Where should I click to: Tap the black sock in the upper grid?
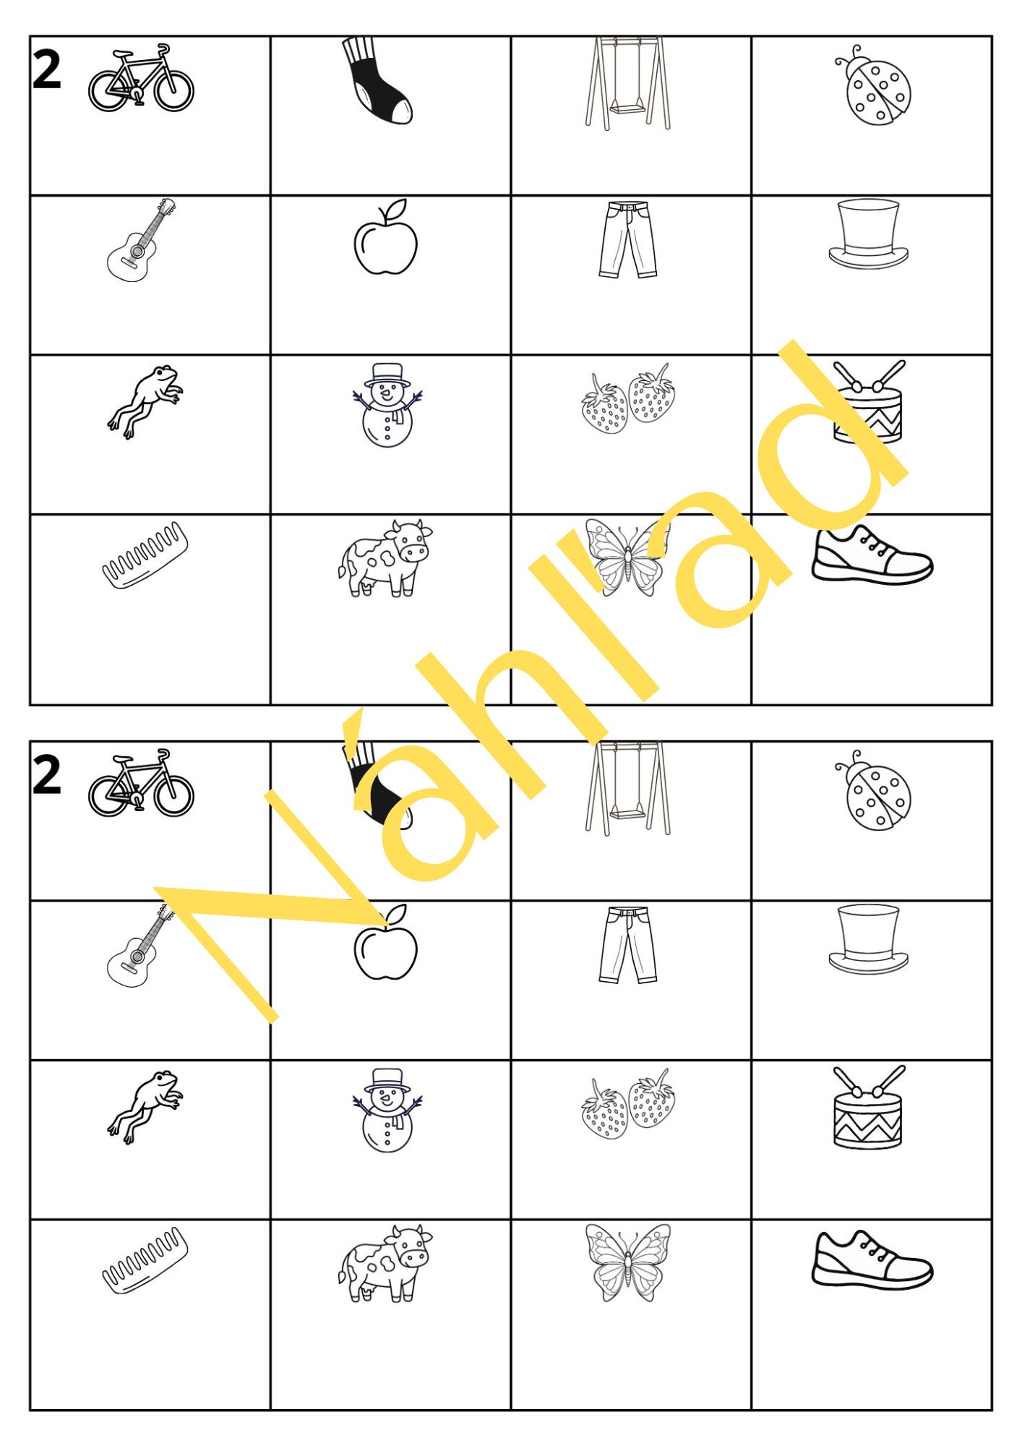tap(376, 81)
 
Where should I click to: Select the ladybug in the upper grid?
tap(872, 86)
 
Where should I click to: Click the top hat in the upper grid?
tap(868, 234)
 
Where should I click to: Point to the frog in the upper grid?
tap(145, 401)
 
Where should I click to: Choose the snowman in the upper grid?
tap(387, 405)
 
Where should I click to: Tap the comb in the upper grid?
tap(145, 555)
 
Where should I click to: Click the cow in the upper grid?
tap(385, 558)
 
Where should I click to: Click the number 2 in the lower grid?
tap(47, 776)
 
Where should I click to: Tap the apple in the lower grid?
tap(386, 943)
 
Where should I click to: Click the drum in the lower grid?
tap(868, 1107)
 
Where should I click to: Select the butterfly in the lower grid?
tap(627, 1262)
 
